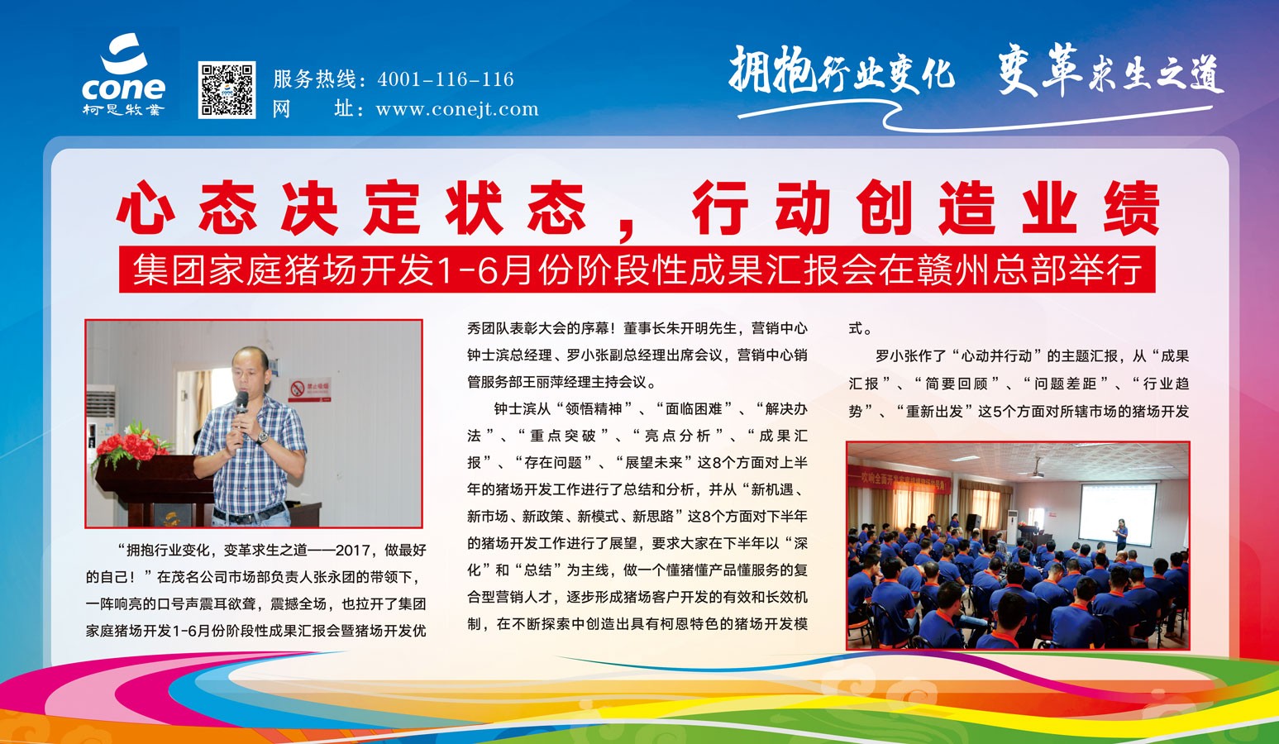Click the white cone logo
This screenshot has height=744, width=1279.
click(x=123, y=74)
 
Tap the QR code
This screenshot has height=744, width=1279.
click(x=227, y=89)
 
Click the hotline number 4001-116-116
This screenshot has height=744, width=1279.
click(x=446, y=79)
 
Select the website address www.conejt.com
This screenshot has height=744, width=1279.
click(x=456, y=108)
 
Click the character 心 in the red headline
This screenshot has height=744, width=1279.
click(x=145, y=207)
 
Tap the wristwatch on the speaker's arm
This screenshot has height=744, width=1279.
click(x=262, y=437)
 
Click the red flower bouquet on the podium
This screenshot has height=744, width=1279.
click(x=131, y=446)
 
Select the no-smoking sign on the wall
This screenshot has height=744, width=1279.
click(x=309, y=389)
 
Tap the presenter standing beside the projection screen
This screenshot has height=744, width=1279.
click(x=1121, y=535)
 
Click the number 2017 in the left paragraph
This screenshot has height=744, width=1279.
click(x=354, y=550)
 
